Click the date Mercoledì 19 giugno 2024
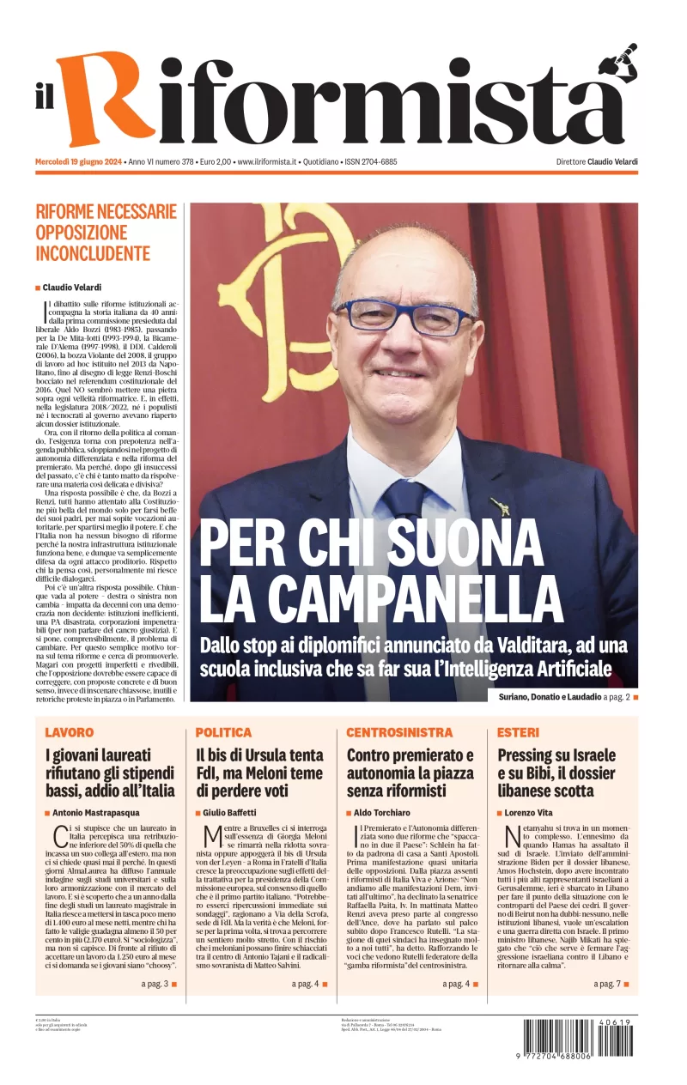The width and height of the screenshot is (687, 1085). tap(78, 162)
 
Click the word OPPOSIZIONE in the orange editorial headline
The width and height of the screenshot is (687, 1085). tap(82, 233)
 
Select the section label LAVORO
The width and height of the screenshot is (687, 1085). tap(70, 732)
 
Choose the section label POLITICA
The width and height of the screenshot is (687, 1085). tap(223, 732)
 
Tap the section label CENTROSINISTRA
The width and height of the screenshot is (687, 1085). tap(399, 732)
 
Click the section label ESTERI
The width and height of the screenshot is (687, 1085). tap(519, 732)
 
